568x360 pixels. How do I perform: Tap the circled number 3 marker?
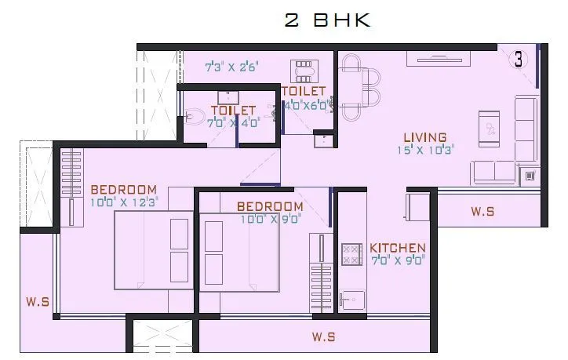(519, 60)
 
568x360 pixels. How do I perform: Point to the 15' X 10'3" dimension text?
(425, 148)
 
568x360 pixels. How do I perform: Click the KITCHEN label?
(398, 247)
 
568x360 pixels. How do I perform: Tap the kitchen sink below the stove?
(351, 300)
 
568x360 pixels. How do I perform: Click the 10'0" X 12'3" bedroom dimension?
(125, 201)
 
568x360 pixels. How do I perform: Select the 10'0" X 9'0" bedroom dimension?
(271, 219)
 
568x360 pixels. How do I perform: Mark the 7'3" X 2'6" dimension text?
(231, 67)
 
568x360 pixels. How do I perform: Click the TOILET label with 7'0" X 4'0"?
(233, 111)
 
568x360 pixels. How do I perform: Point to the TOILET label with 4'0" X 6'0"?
(303, 92)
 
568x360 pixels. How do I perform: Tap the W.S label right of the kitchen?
(482, 211)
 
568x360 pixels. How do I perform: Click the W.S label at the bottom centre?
(323, 337)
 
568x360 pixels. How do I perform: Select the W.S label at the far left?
(37, 300)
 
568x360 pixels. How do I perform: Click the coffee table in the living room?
(490, 125)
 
